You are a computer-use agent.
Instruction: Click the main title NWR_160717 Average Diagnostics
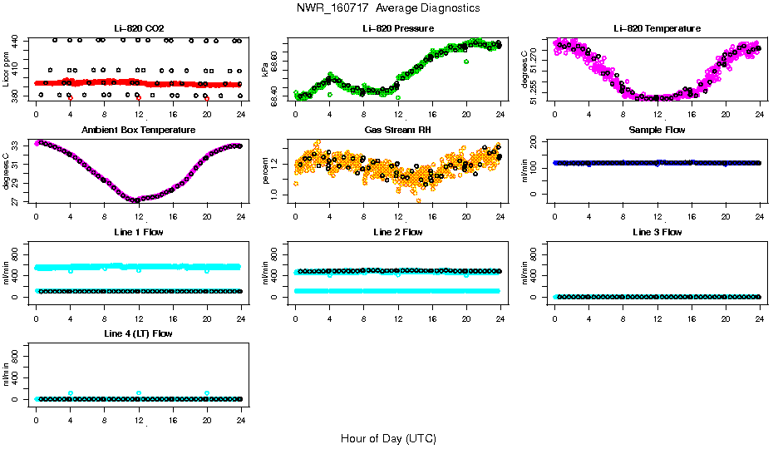388,7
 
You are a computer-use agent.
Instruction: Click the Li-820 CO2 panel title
138,28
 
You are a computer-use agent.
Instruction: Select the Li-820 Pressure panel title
397,28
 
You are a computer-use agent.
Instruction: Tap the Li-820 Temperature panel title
657,28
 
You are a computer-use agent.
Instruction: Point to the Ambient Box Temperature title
138,130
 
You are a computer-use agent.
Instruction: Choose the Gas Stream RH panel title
397,130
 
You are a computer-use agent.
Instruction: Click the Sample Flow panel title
657,130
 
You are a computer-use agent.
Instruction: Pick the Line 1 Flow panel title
138,232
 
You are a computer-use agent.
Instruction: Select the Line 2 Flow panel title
397,232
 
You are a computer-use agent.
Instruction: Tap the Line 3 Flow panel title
657,232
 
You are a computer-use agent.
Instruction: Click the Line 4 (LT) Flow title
138,333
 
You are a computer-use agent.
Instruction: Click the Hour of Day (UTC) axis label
388,438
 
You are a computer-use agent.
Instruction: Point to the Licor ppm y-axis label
7,69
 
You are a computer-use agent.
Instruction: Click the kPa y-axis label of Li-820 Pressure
266,69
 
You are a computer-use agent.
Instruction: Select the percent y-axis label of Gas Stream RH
266,170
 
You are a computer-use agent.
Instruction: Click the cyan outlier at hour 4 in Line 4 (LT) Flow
71,393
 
